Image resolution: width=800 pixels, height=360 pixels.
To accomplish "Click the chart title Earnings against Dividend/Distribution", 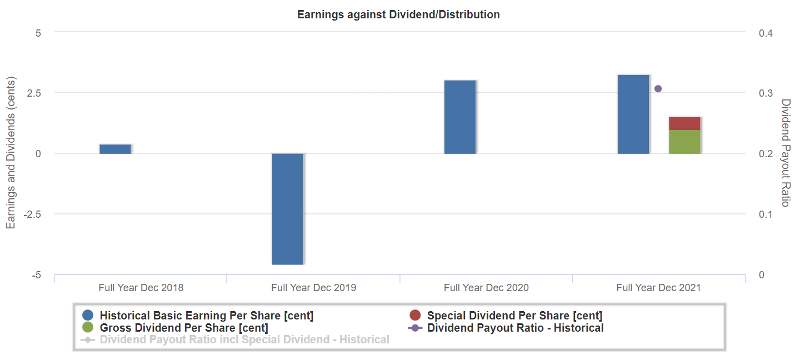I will (398, 14).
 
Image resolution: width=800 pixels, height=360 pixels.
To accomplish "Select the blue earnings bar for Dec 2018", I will (115, 149).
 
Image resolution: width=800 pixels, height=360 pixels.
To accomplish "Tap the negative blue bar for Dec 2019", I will (288, 208).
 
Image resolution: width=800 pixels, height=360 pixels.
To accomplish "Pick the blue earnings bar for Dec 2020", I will (460, 117).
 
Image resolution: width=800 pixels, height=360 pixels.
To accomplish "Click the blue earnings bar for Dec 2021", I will (633, 114).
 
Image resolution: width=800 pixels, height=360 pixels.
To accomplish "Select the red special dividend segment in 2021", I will (684, 123).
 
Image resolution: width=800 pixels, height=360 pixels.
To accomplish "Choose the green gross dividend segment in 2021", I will (684, 142).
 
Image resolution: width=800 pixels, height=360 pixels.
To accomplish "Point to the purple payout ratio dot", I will (658, 89).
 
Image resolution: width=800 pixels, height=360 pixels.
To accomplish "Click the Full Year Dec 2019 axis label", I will (313, 288).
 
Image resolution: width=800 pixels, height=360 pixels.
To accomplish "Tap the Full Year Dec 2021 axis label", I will (658, 288).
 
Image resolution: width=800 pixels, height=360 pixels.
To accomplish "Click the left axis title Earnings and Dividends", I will (11, 153).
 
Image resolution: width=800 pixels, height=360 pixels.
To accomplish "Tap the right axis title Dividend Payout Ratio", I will (786, 153).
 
